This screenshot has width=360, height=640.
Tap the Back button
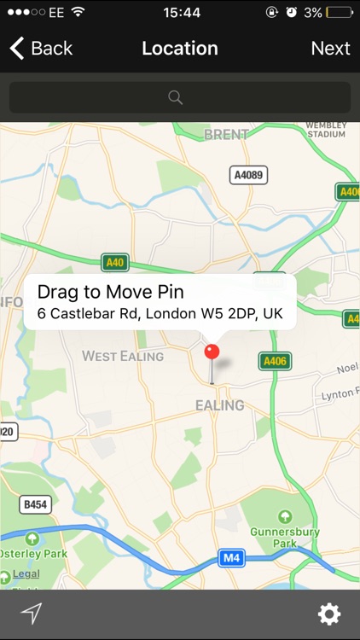point(41,49)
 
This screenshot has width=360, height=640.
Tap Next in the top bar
point(330,49)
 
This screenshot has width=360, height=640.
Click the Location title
point(180,49)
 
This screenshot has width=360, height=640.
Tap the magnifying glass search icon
point(176,97)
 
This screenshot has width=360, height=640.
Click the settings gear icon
point(329,614)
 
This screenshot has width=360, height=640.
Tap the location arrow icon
point(32,614)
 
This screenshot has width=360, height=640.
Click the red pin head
point(212,352)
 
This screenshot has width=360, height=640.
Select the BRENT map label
point(226,135)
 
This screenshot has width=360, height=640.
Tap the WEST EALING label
point(123,356)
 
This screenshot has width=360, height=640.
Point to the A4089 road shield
point(248,176)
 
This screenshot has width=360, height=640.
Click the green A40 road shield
point(114,262)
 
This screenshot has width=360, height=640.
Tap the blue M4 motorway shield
point(231,558)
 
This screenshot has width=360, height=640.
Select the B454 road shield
point(35,504)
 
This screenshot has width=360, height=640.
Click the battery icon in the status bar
point(339,13)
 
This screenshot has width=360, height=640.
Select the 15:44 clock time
point(181,13)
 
